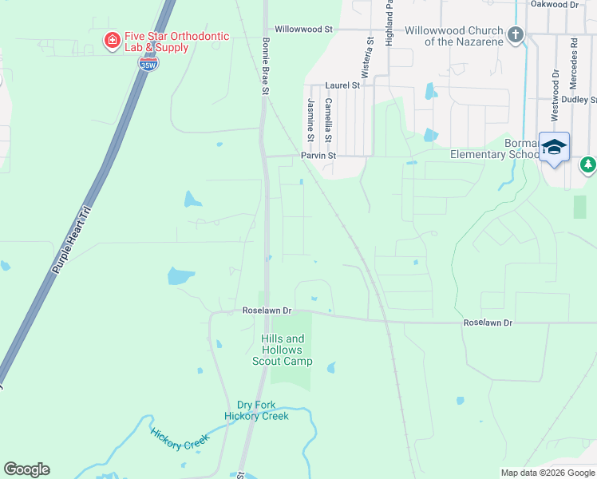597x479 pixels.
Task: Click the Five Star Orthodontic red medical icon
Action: [x=113, y=39]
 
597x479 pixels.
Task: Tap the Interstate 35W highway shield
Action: [x=148, y=64]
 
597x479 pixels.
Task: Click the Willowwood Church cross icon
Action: [x=516, y=34]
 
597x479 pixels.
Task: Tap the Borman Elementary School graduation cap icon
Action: [x=554, y=146]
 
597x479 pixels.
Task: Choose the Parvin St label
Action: [x=318, y=156]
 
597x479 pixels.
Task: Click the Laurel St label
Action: [x=342, y=85]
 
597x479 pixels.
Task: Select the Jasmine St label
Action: [x=310, y=116]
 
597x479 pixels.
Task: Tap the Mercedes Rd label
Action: [x=573, y=61]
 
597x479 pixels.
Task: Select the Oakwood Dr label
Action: [x=554, y=5]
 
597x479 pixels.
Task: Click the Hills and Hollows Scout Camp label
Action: [x=282, y=350]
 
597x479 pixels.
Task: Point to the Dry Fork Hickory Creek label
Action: [x=255, y=410]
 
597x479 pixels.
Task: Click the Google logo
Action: [x=26, y=469]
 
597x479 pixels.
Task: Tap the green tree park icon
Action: [x=588, y=164]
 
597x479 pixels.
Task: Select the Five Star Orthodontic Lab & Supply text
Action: [x=176, y=42]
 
